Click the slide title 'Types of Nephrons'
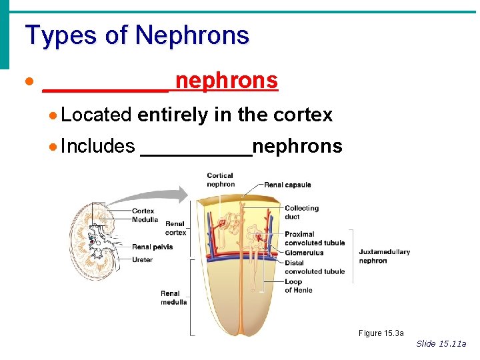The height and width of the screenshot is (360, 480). (137, 35)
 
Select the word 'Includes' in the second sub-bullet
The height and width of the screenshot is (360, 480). (97, 146)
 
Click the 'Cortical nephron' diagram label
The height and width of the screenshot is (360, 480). (221, 180)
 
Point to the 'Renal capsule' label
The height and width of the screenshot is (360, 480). (287, 185)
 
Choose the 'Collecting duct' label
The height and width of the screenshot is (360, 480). (301, 212)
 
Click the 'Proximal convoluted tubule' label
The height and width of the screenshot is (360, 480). (314, 239)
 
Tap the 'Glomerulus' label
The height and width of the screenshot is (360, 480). (304, 253)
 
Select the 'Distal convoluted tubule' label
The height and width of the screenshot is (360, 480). (314, 267)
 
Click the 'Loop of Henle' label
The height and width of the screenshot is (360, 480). (298, 285)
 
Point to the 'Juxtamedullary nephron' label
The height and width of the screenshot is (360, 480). (384, 256)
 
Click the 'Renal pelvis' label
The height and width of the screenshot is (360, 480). (152, 247)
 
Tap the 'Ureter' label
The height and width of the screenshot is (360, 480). (142, 259)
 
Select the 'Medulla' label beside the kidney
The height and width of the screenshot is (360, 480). (145, 219)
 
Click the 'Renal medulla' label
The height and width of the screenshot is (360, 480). (173, 297)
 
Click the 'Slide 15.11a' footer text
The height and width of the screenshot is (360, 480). (441, 343)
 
